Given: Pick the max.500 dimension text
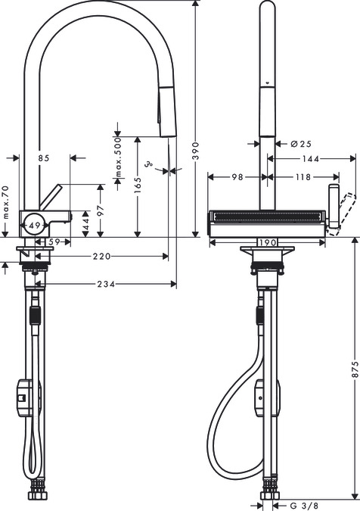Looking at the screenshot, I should pyautogui.click(x=117, y=160).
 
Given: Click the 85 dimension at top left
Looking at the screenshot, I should pyautogui.click(x=43, y=158).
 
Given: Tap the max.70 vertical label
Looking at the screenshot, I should pyautogui.click(x=5, y=203).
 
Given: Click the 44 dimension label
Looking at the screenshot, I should pyautogui.click(x=85, y=224).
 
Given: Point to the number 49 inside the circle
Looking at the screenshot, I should pyautogui.click(x=35, y=224).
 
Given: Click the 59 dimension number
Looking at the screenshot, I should pyautogui.click(x=54, y=241).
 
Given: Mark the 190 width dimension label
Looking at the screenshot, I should pyautogui.click(x=266, y=242).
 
